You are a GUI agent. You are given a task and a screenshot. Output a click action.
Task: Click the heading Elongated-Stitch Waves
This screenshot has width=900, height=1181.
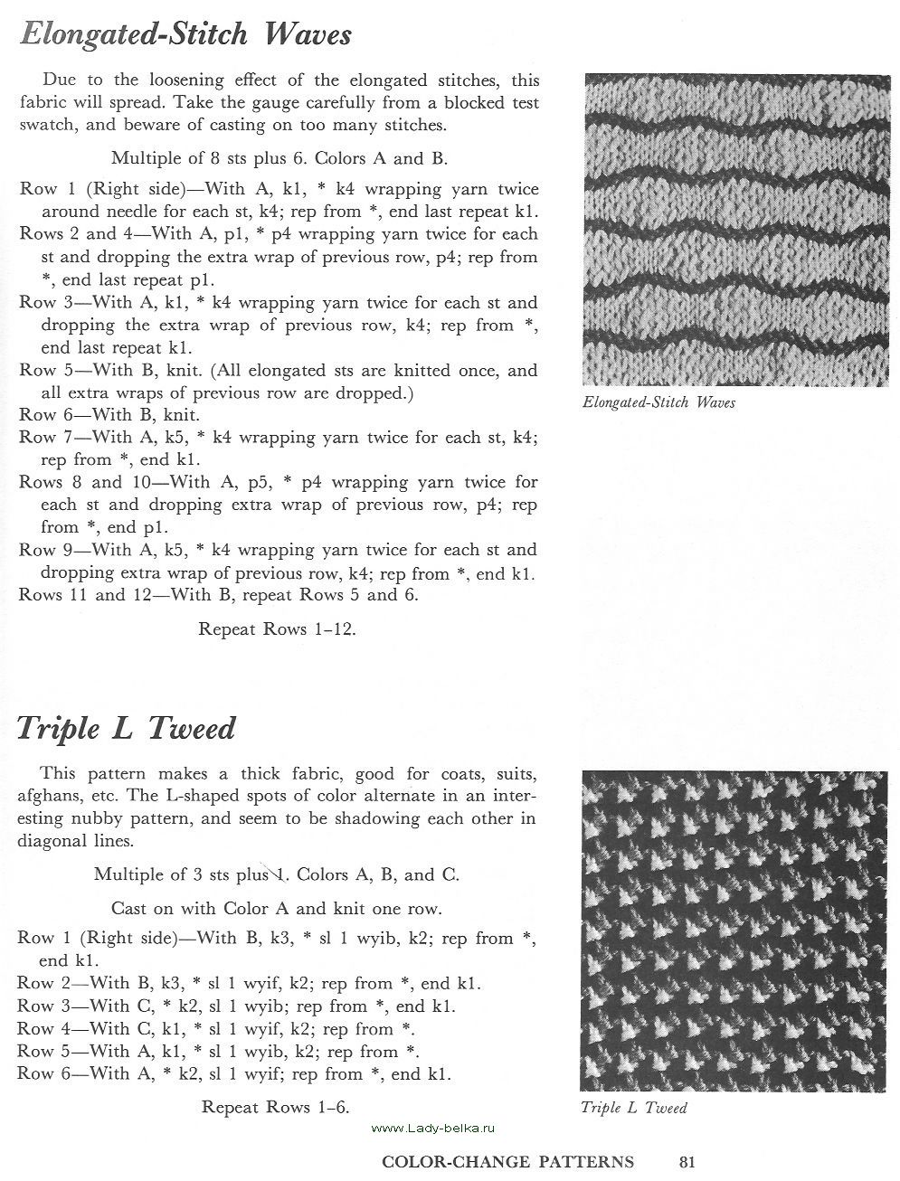[x=185, y=35]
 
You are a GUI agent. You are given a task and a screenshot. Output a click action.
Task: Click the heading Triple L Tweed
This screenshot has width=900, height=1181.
[x=127, y=729]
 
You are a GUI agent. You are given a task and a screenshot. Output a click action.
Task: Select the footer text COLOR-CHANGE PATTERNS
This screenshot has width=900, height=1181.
[x=507, y=1162]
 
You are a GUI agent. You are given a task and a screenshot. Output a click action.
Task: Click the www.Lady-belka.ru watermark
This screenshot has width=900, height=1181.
[x=434, y=1128]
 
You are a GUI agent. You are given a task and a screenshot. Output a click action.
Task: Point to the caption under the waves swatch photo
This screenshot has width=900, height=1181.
[x=658, y=402]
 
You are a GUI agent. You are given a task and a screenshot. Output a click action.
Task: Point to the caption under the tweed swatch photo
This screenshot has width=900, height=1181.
[x=633, y=1108]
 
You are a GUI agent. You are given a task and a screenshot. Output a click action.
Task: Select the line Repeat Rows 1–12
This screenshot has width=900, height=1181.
[x=277, y=629]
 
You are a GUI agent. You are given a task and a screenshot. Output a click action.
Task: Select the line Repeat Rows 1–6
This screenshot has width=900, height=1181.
[x=275, y=1107]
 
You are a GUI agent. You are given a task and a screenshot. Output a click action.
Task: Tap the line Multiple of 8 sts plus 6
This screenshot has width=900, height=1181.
[x=279, y=158]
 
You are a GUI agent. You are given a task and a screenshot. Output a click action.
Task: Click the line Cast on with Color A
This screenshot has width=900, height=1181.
[x=277, y=907]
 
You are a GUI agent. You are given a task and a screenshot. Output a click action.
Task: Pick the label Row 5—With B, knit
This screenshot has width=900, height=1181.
[x=109, y=371]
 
